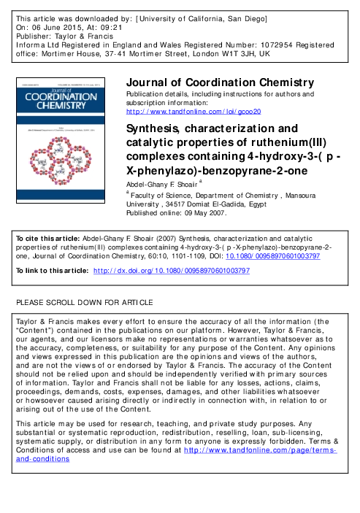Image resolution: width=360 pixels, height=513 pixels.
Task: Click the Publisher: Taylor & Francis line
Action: (62, 34)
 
